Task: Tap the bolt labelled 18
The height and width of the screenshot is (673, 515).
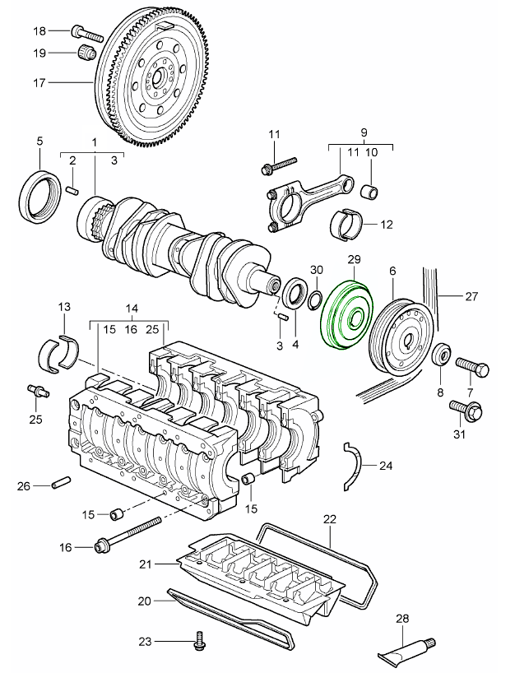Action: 86,34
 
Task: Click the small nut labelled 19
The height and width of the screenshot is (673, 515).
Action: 86,54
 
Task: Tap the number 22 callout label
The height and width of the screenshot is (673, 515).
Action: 330,519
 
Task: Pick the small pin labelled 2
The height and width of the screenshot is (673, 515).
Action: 72,191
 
